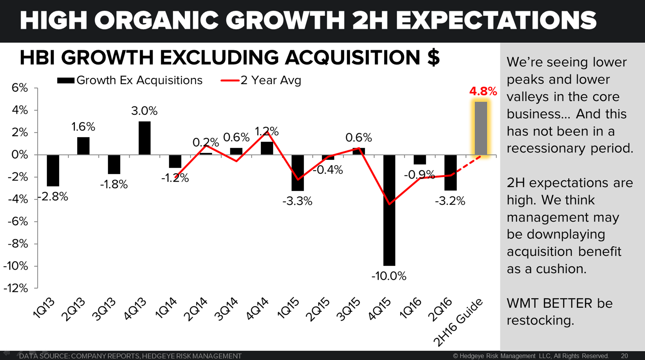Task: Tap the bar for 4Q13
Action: tap(144, 138)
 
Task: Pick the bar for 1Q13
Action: tap(53, 170)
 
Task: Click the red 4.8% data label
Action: tap(483, 91)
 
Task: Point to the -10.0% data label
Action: tap(389, 276)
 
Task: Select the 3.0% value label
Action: tap(144, 111)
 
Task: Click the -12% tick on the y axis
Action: tap(16, 288)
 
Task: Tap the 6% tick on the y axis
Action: tap(20, 88)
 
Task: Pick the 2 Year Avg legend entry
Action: tap(261, 80)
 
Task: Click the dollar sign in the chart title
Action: tap(433, 57)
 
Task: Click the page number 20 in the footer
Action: tap(624, 356)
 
